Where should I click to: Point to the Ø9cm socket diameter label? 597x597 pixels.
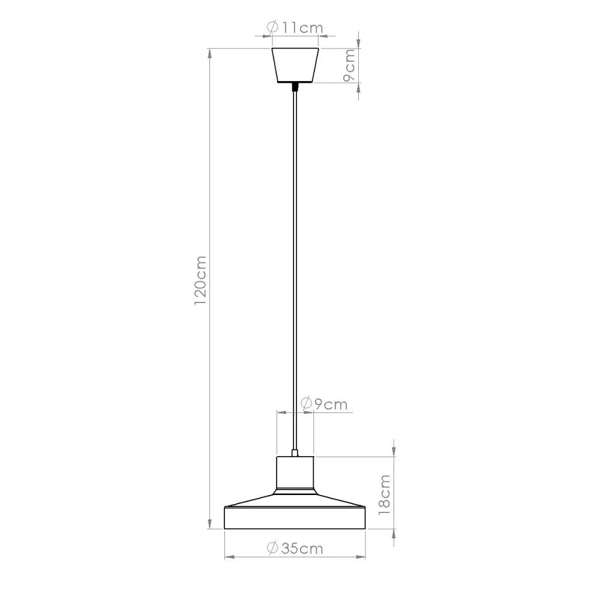[323, 404]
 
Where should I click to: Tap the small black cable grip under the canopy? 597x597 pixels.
[295, 87]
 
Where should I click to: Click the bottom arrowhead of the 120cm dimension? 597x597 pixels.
[209, 524]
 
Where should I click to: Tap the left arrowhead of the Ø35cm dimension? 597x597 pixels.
[229, 557]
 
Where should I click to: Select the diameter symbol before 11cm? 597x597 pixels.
[271, 27]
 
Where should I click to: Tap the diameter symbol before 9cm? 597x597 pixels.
[305, 404]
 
